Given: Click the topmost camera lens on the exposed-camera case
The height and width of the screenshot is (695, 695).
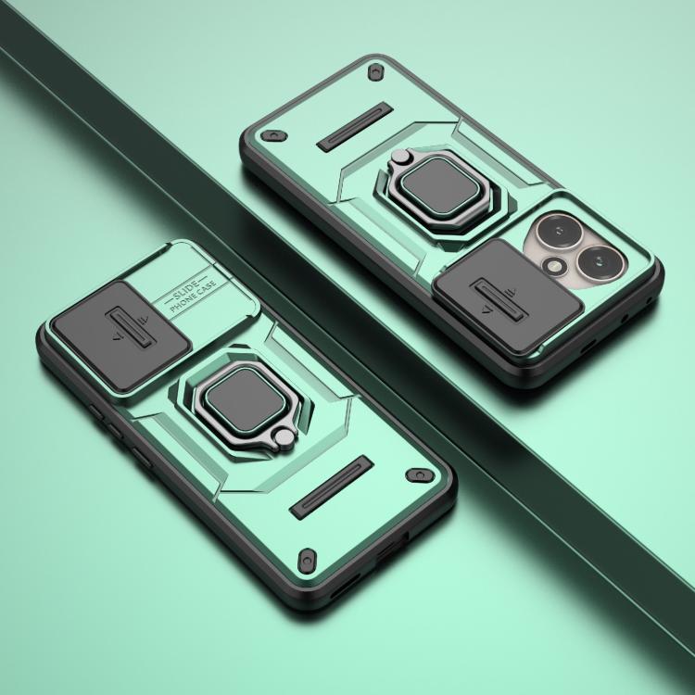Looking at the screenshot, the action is point(559,233).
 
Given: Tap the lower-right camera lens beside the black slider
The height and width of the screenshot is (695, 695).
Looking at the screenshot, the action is point(600,261).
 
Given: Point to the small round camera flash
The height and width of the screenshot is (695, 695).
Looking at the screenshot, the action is point(553,266).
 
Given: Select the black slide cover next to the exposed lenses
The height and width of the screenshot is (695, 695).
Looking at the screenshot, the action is point(507,297).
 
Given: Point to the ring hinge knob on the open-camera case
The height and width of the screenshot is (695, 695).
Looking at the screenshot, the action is point(400,157).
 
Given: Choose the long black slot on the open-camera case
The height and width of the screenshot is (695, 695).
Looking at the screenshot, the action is point(356,127).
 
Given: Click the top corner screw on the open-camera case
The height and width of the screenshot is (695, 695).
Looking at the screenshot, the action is point(376,71).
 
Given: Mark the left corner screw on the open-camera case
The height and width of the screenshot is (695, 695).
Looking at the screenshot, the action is point(273,135).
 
